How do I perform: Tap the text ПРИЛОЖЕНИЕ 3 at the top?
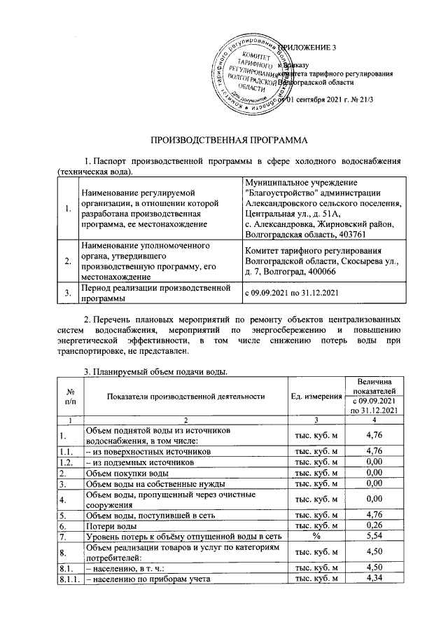(309, 47)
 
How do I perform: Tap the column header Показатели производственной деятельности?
(186, 397)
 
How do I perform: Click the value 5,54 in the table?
(377, 537)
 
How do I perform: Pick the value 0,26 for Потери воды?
(377, 525)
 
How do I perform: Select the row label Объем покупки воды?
(126, 473)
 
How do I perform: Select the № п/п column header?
(69, 397)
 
